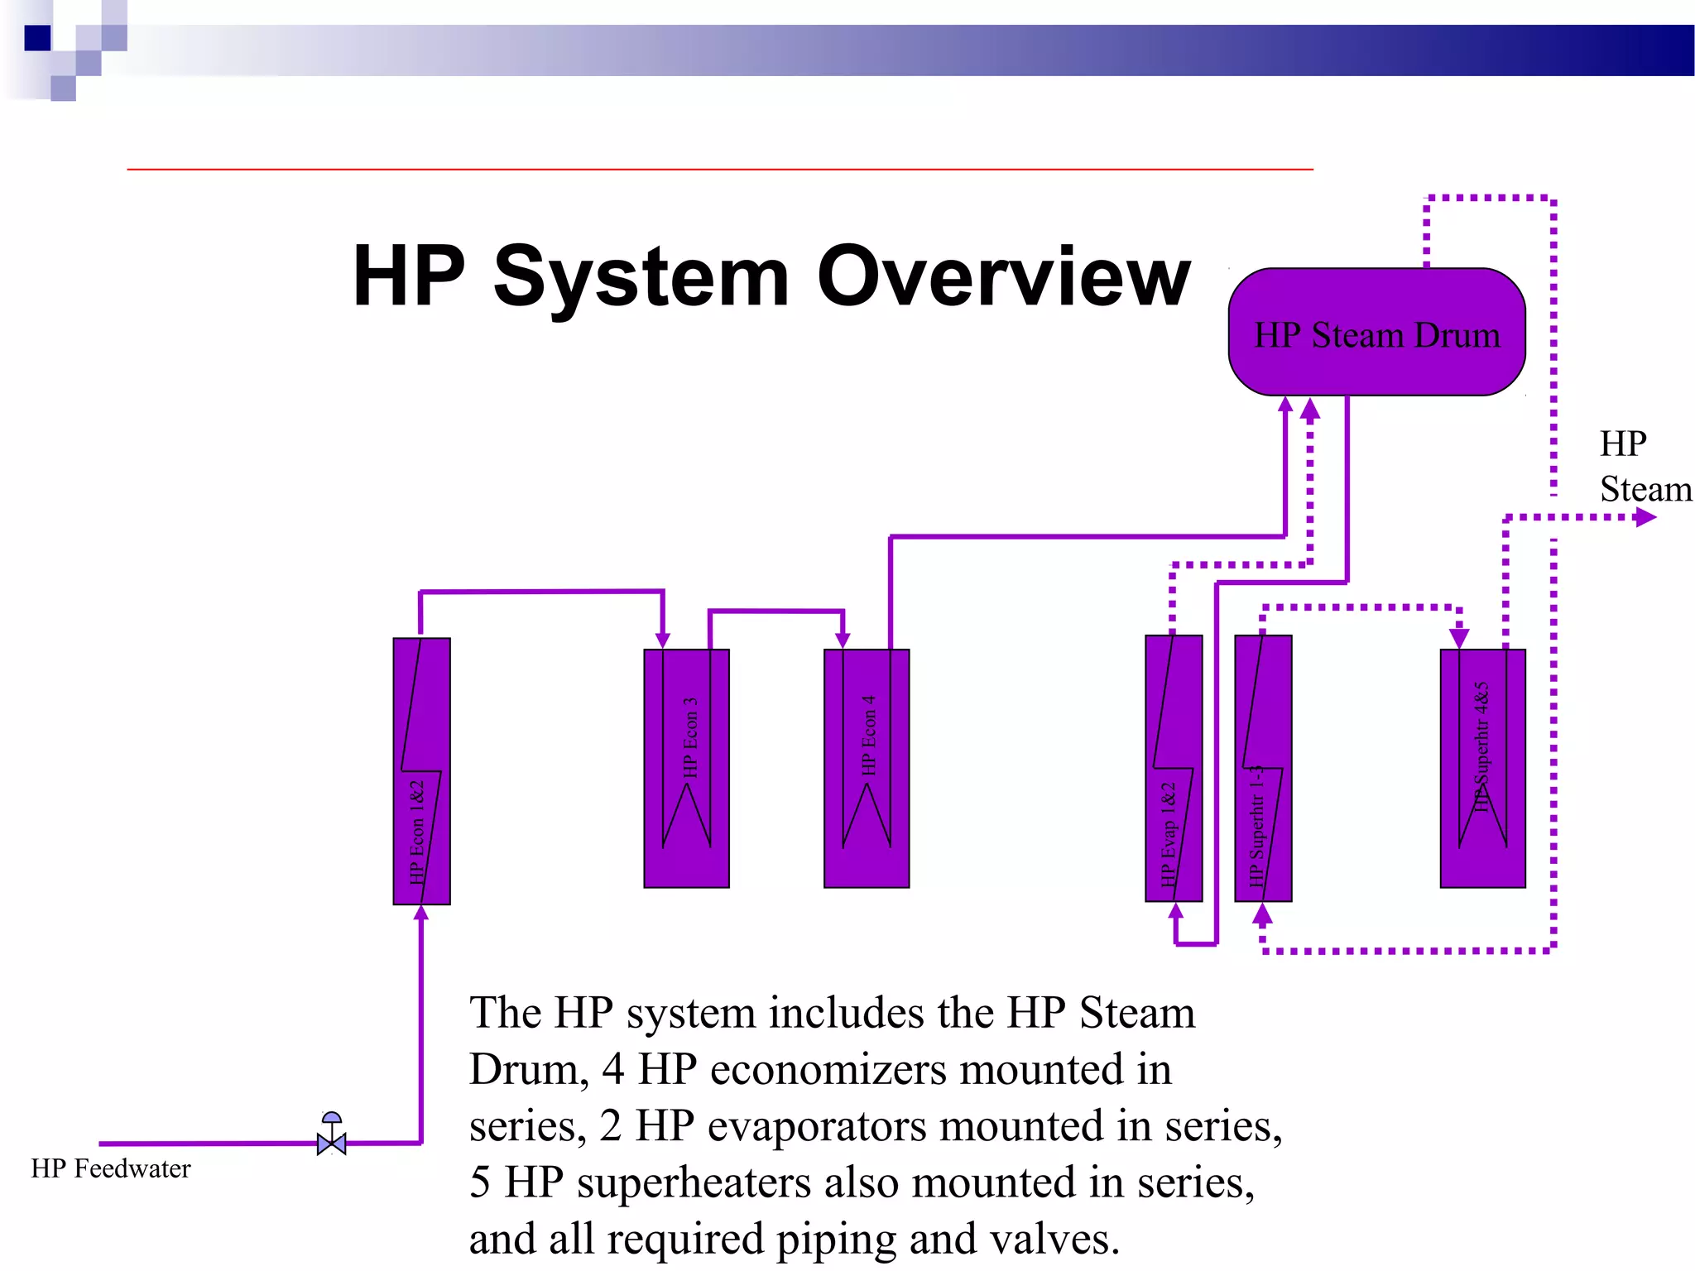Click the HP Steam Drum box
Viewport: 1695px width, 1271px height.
[x=1376, y=333]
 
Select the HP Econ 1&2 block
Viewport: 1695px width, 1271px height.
[x=421, y=770]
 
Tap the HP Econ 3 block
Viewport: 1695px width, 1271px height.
[x=686, y=768]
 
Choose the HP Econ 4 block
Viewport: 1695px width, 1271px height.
[x=867, y=768]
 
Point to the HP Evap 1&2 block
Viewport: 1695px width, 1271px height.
[x=1173, y=768]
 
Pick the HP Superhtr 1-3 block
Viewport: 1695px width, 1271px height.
[x=1263, y=768]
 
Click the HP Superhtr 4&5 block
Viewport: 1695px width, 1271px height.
[x=1482, y=768]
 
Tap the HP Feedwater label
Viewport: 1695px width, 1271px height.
[x=111, y=1168]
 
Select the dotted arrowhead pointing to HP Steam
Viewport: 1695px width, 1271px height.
[x=1645, y=518]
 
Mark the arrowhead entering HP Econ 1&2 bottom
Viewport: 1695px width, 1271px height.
[x=421, y=913]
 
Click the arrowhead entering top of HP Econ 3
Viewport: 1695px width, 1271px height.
[x=663, y=640]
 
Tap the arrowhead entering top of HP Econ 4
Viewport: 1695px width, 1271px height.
[x=843, y=640]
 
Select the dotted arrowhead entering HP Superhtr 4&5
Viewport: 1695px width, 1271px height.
[x=1459, y=638]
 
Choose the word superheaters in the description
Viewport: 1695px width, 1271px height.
[x=694, y=1182]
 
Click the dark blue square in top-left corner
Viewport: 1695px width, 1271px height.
[x=37, y=38]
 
